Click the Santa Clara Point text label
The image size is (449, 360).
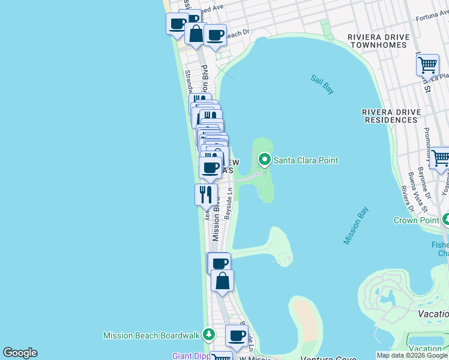[306, 160]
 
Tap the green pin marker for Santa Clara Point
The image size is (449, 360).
[264, 160]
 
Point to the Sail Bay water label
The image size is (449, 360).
[322, 84]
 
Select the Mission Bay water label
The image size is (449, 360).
[355, 226]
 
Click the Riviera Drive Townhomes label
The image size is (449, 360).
[379, 41]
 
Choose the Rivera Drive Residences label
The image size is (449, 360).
[390, 116]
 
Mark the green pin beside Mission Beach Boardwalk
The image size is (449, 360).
[208, 334]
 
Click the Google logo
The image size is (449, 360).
[20, 353]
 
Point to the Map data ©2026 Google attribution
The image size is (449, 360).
[412, 356]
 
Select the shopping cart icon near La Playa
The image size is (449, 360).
[427, 64]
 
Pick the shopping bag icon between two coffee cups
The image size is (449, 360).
[196, 34]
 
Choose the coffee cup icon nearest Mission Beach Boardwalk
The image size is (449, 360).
[237, 335]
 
